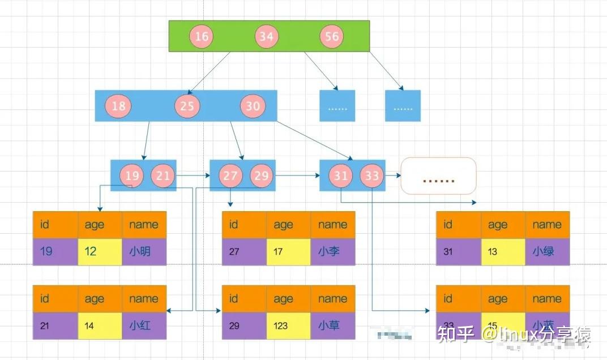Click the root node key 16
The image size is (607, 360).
[x=202, y=37]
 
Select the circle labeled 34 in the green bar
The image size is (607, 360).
[x=266, y=37]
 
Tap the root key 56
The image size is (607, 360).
[x=332, y=37]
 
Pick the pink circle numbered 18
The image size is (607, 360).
[x=119, y=106]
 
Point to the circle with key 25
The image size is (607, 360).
[x=187, y=106]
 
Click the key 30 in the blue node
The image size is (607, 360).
[x=253, y=106]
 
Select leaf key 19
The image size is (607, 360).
[x=132, y=175]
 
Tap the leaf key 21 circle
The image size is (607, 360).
[x=163, y=175]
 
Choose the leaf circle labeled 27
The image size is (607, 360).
[x=230, y=175]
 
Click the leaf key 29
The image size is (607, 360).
[x=262, y=175]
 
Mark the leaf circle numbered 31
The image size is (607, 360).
[x=340, y=175]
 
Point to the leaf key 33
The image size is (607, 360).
[x=371, y=175]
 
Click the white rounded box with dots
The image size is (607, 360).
[x=438, y=179]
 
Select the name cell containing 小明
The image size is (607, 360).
[x=144, y=251]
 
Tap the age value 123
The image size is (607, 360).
[x=288, y=325]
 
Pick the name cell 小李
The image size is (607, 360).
[x=333, y=251]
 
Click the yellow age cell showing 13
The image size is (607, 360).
[x=503, y=251]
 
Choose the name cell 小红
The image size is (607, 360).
[x=144, y=325]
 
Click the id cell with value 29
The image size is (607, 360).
[x=243, y=325]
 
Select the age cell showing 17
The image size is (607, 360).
[x=288, y=251]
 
